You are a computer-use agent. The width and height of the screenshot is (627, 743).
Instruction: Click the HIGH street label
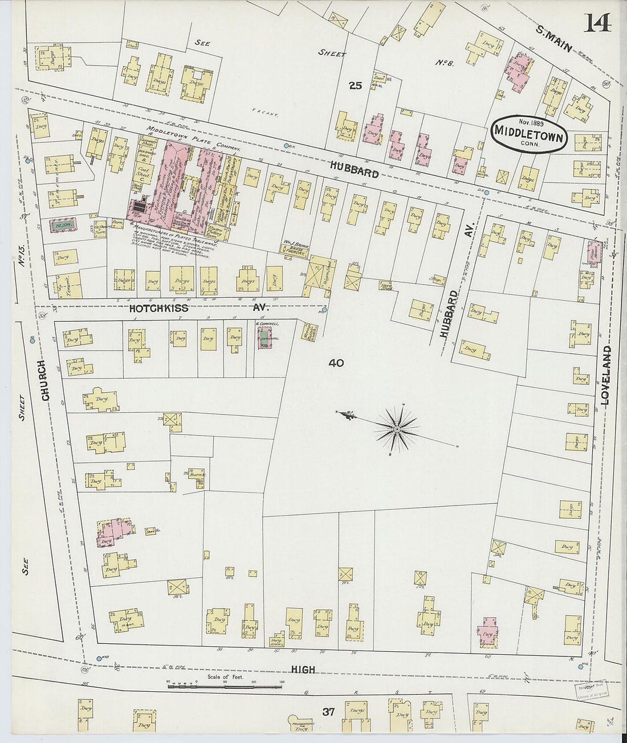(303, 670)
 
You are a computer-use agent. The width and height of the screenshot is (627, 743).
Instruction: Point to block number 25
(356, 86)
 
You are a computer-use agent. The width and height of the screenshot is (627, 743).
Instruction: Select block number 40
(336, 363)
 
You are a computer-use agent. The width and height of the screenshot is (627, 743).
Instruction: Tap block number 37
(328, 712)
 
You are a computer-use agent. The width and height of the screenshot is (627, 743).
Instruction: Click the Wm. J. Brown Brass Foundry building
(295, 248)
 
